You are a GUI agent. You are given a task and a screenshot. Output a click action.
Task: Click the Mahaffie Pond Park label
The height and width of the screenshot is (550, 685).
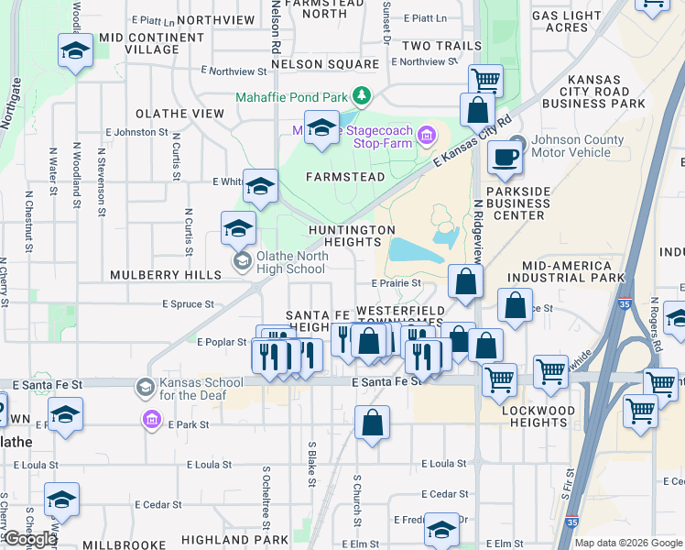click(x=292, y=95)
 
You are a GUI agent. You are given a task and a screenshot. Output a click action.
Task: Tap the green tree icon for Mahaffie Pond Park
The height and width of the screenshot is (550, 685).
click(x=363, y=95)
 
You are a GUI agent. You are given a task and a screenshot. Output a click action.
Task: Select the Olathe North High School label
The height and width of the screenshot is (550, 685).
click(x=290, y=262)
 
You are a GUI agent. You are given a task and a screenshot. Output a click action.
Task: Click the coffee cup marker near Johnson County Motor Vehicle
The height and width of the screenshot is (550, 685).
click(x=504, y=158)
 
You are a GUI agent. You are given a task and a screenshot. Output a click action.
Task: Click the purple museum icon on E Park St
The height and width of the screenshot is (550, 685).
click(x=152, y=421)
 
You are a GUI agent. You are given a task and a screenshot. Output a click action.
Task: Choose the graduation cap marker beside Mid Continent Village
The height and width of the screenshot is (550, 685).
click(x=75, y=51)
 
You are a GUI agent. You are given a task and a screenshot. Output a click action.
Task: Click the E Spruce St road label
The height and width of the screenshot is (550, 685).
click(x=188, y=303)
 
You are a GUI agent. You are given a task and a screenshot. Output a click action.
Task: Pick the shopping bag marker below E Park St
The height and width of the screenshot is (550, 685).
click(x=372, y=423)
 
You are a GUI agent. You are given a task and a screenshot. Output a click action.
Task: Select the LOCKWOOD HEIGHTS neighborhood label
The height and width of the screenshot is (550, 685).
click(x=539, y=416)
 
